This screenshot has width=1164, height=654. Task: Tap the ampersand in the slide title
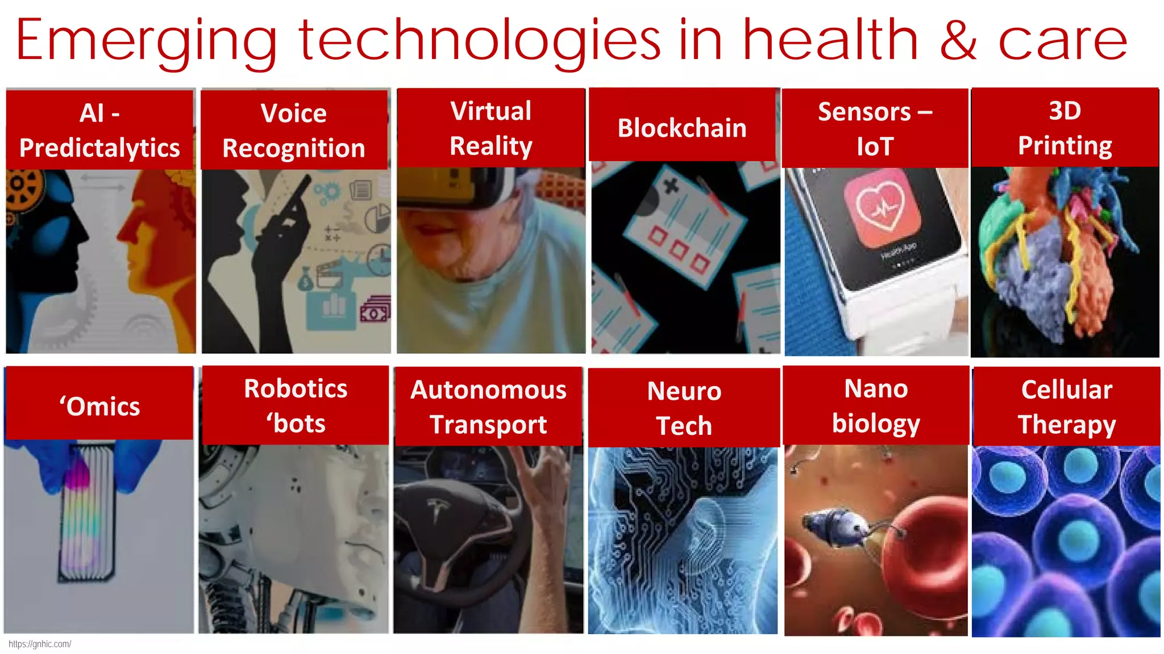tap(958, 40)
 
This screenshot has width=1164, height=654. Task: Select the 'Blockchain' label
tap(682, 128)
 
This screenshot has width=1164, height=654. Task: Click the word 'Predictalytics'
tap(99, 148)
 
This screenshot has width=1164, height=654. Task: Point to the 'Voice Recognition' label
tap(294, 131)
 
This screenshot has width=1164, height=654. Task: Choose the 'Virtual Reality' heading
tap(491, 128)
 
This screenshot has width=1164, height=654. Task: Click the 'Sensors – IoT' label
tap(875, 129)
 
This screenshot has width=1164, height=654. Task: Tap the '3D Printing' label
tap(1065, 128)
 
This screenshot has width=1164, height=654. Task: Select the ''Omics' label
tap(99, 406)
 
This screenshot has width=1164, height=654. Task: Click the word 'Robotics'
tap(296, 389)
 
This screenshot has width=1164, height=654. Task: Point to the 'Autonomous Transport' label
tap(488, 407)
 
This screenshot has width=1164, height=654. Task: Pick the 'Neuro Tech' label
tap(684, 408)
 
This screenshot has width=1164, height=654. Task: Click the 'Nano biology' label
tap(876, 406)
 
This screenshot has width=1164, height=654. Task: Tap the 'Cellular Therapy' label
tap(1066, 407)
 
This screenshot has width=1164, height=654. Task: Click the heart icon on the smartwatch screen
tap(881, 207)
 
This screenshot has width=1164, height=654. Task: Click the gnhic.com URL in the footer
tap(40, 644)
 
